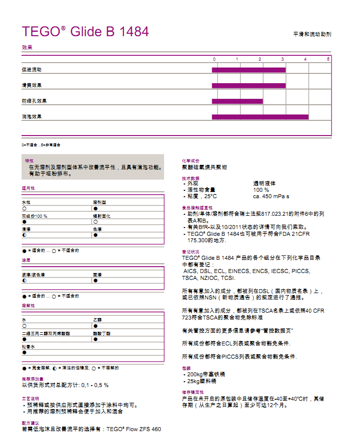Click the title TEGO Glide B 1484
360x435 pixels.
[x=85, y=32]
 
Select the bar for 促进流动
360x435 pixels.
[x=248, y=70]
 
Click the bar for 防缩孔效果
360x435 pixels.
[x=237, y=101]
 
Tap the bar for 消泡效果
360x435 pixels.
[x=260, y=117]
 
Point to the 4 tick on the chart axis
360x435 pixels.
[x=306, y=59]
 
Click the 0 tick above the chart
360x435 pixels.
[x=214, y=59]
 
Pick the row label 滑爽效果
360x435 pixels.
[x=32, y=86]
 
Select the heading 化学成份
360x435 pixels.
[x=190, y=160]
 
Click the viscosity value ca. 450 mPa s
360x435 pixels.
[x=271, y=196]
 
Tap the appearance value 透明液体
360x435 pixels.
[x=264, y=183]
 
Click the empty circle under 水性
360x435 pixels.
[x=24, y=208]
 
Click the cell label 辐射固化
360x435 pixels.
[x=102, y=216]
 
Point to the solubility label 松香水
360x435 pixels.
[x=28, y=346]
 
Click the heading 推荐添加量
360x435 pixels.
[x=32, y=379]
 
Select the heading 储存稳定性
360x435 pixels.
[x=193, y=392]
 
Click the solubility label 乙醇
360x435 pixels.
[x=97, y=320]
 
